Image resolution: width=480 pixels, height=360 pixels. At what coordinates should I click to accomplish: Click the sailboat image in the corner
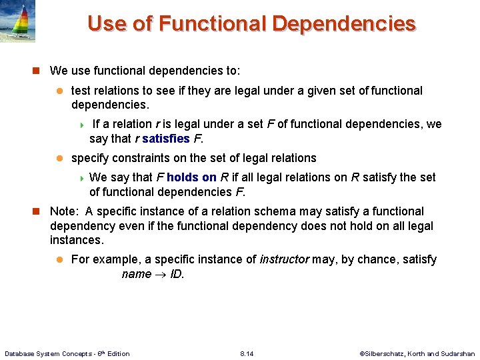tap(18, 22)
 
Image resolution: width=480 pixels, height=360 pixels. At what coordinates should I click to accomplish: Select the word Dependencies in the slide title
tap(344, 24)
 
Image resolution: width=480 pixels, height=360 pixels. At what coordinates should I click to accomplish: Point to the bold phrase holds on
tap(191, 177)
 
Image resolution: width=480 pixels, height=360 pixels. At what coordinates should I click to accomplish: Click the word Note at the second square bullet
tap(63, 211)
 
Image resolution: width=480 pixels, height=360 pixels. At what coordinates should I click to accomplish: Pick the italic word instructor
tap(283, 259)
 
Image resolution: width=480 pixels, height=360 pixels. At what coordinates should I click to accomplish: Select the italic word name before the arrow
tap(136, 275)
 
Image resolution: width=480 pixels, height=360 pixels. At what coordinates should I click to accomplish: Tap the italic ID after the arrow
tap(176, 275)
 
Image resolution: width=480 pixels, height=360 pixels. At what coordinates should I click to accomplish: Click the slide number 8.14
tap(247, 353)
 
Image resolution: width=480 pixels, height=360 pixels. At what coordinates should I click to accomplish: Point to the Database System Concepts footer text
tap(67, 353)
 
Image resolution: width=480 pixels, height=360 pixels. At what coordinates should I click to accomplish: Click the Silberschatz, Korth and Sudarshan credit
tap(417, 353)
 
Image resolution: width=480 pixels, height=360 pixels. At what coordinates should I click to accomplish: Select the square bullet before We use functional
tap(37, 71)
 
